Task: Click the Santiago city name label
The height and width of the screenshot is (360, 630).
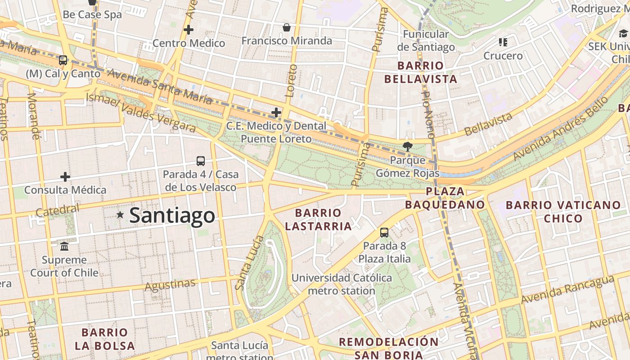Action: pyautogui.click(x=172, y=216)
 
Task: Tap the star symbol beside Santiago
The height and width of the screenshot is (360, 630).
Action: pyautogui.click(x=120, y=215)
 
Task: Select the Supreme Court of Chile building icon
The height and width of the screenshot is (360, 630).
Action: pyautogui.click(x=64, y=246)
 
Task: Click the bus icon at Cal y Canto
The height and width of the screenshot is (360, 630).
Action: pyautogui.click(x=63, y=60)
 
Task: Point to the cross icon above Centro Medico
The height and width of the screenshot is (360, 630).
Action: pyautogui.click(x=189, y=30)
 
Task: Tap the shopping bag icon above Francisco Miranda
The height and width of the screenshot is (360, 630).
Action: pyautogui.click(x=286, y=27)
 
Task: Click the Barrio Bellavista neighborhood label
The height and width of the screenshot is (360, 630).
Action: pyautogui.click(x=420, y=72)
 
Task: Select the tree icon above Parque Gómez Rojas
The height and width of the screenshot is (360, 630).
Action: pyautogui.click(x=407, y=146)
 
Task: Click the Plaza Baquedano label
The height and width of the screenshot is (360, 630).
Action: pyautogui.click(x=445, y=198)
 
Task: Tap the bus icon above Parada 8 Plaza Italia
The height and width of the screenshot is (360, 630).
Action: pyautogui.click(x=384, y=232)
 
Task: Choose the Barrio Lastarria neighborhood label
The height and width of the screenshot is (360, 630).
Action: pyautogui.click(x=318, y=219)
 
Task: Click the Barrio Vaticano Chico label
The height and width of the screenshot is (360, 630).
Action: pyautogui.click(x=563, y=211)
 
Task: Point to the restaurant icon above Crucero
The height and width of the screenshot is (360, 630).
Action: pyautogui.click(x=503, y=42)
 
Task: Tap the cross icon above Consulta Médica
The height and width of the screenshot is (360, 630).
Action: pyautogui.click(x=65, y=176)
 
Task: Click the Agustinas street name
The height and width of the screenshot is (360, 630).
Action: pyautogui.click(x=170, y=285)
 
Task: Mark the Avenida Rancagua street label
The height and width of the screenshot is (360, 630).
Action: pyautogui.click(x=567, y=289)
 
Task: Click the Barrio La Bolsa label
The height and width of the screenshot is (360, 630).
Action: pyautogui.click(x=105, y=339)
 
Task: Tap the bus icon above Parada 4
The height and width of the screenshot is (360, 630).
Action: pyautogui.click(x=201, y=161)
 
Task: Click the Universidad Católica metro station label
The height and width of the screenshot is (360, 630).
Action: pyautogui.click(x=342, y=284)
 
